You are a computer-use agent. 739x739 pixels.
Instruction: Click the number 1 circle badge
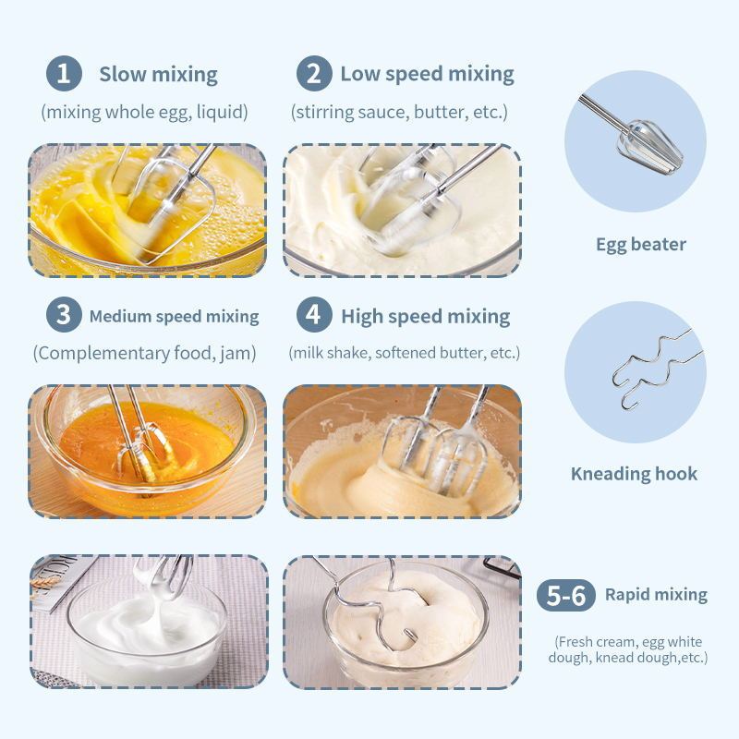pos(63,74)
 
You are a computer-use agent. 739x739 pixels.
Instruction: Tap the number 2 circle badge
pos(313,74)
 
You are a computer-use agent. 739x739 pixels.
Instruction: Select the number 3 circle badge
pos(63,315)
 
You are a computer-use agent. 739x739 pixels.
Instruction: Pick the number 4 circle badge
pos(314,315)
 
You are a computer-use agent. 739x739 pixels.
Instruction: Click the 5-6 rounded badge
pos(566,595)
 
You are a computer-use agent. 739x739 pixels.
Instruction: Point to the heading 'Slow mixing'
pos(158,75)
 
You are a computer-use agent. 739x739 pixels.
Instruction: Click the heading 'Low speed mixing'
pos(427,75)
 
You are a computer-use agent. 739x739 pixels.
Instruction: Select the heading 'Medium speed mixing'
pos(174,316)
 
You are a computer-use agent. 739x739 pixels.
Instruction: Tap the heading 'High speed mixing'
pos(425,316)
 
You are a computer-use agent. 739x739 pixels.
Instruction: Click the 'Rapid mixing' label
pos(656,595)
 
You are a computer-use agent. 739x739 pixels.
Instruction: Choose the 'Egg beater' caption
pos(640,245)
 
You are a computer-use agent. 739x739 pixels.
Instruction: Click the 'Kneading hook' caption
pos(634,474)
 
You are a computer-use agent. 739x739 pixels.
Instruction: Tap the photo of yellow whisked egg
pos(148,210)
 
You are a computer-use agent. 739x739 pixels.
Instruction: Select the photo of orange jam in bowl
pos(148,451)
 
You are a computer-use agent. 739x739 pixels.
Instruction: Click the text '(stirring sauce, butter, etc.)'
pos(399,113)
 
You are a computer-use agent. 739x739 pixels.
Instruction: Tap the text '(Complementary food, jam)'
pos(145,353)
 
